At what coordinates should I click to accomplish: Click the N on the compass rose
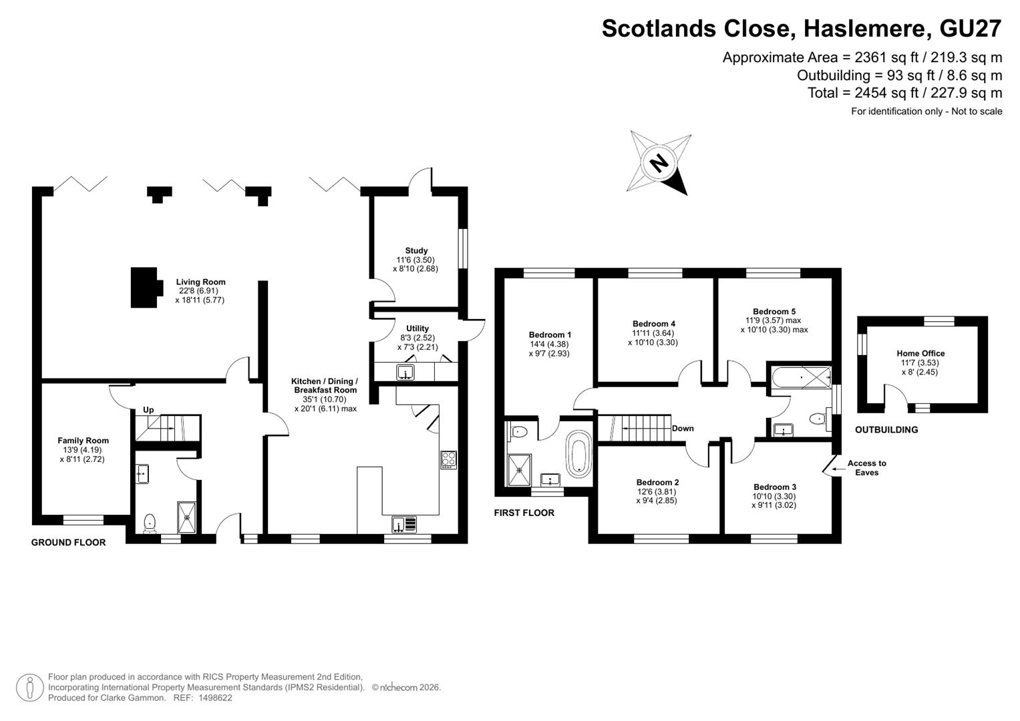point(659,162)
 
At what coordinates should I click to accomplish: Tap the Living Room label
point(201,282)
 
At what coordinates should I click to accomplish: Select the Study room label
point(416,251)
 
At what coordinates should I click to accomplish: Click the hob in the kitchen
point(448,460)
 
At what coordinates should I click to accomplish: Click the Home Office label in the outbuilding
point(920,353)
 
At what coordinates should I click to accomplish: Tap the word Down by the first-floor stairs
point(683,429)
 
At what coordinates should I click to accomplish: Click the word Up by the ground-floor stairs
point(148,410)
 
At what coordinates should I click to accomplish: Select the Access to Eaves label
point(866,468)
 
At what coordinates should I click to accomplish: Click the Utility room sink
point(405,373)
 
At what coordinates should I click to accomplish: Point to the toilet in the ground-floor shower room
point(150,523)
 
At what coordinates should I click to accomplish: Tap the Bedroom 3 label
point(775,487)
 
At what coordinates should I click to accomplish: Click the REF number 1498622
point(215,698)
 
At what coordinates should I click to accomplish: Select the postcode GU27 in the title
point(971,29)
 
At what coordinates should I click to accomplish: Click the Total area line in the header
point(905,93)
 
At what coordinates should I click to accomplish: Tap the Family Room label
point(83,441)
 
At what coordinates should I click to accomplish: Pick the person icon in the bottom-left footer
point(30,688)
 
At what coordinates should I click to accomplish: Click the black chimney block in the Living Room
point(146,287)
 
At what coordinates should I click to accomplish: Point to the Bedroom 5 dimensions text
point(774,325)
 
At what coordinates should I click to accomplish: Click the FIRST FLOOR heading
point(524,513)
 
